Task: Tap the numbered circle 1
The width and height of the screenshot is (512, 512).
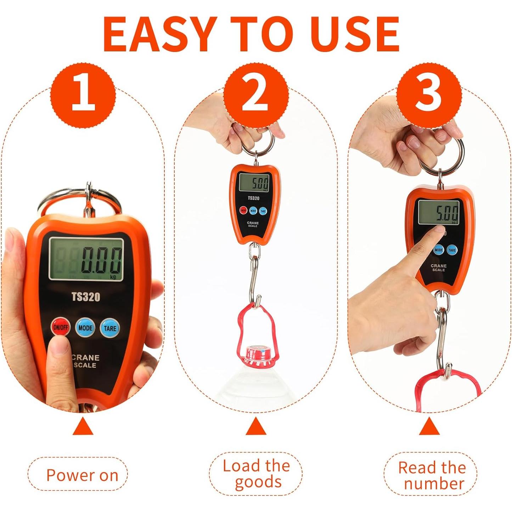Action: click(x=83, y=95)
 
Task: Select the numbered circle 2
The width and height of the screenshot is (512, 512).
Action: click(x=255, y=95)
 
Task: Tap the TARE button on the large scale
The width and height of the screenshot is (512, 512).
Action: click(x=110, y=328)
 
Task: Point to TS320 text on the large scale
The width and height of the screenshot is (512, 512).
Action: click(x=86, y=297)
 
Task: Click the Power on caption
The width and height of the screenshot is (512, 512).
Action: click(x=82, y=475)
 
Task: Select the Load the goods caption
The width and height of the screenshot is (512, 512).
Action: click(x=256, y=474)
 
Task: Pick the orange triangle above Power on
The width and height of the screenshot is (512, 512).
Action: click(x=83, y=427)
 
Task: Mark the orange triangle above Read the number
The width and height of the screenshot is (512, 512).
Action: click(x=429, y=427)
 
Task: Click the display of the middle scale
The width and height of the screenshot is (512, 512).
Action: click(x=254, y=183)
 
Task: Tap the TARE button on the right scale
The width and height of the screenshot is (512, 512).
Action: click(x=452, y=250)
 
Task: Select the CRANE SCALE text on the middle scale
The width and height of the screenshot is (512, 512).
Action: click(x=253, y=224)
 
